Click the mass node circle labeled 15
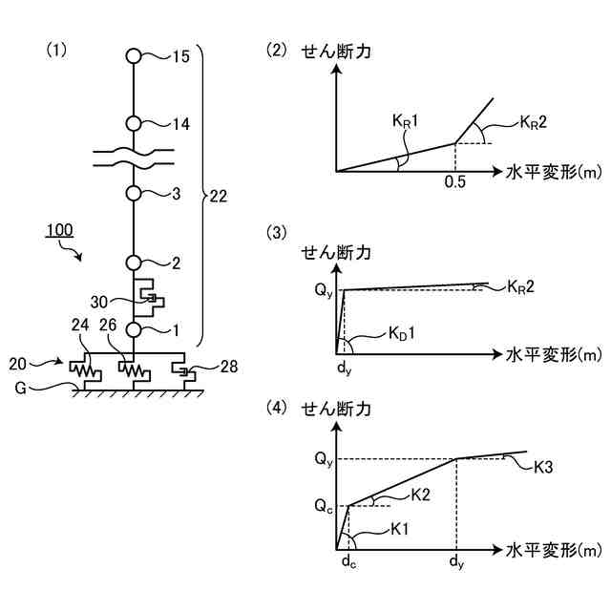tap(134, 55)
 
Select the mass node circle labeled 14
tap(134, 123)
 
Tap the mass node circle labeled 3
tap(134, 193)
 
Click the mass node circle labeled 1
tap(134, 329)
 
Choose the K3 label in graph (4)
tap(544, 468)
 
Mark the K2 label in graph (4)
tap(421, 494)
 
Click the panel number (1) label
tap(57, 49)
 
